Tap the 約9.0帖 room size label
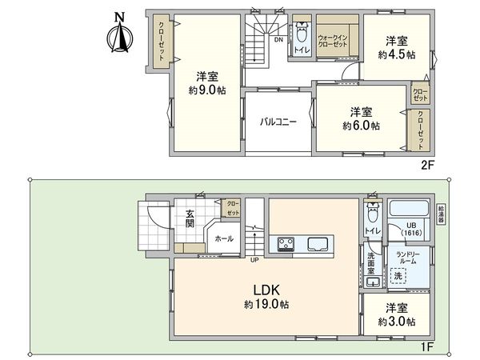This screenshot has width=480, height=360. click(x=207, y=91)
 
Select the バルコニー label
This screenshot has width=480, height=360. click(x=278, y=122)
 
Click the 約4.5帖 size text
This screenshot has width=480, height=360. click(x=397, y=55)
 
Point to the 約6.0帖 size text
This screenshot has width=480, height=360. click(x=361, y=126)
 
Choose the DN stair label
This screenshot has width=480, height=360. click(x=278, y=39)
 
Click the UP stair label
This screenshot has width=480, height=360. click(x=254, y=260)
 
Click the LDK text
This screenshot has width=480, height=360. click(x=266, y=290)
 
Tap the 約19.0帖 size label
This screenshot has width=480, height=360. click(x=266, y=305)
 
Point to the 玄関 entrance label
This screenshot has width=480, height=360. click(x=190, y=218)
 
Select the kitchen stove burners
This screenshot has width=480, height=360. click(x=285, y=243)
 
